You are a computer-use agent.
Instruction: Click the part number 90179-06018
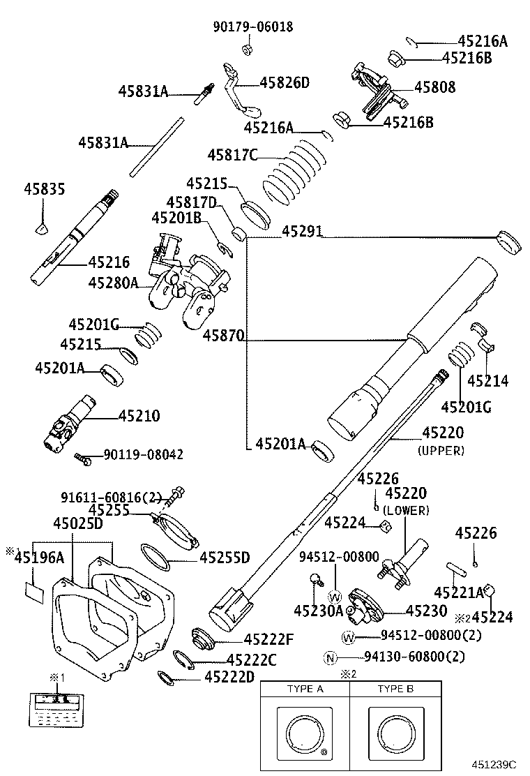click(x=252, y=27)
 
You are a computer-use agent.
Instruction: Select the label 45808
click(x=434, y=87)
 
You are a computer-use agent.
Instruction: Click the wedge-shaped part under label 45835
click(x=43, y=227)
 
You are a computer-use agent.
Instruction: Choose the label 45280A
click(x=113, y=283)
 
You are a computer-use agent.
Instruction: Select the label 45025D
click(x=78, y=523)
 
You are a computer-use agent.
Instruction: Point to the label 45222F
click(x=268, y=639)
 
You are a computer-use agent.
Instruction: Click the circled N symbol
click(x=331, y=657)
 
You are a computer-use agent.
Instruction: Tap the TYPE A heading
click(x=305, y=689)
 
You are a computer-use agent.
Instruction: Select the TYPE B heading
click(x=395, y=689)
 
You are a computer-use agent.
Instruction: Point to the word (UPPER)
click(x=441, y=451)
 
